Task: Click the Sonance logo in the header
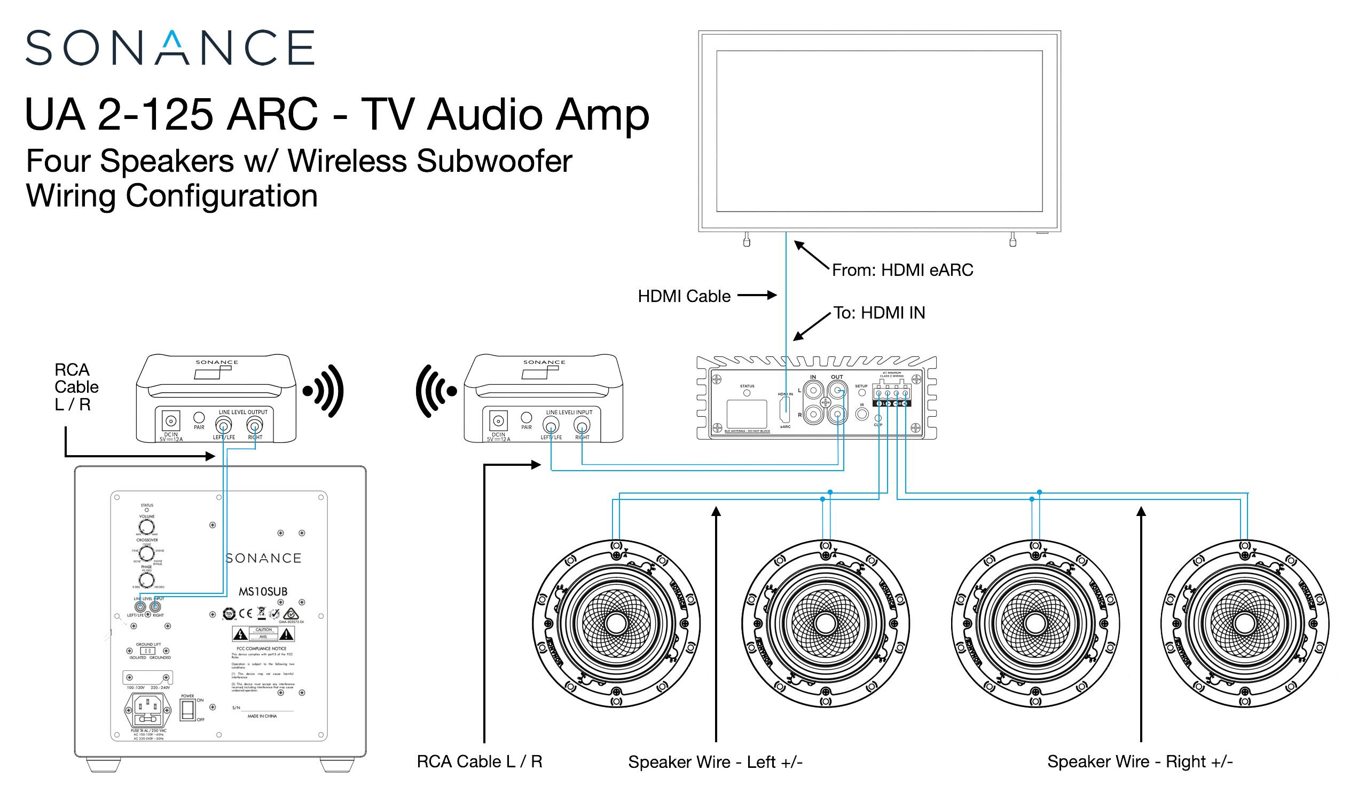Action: click(170, 47)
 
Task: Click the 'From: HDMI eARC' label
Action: click(902, 270)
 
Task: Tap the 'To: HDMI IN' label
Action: click(879, 313)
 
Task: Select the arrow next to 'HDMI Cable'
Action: click(757, 295)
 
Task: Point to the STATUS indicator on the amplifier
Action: click(747, 393)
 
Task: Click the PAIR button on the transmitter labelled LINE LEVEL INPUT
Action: click(526, 417)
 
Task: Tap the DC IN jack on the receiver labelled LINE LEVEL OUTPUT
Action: click(171, 420)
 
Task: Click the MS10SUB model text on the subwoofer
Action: click(263, 592)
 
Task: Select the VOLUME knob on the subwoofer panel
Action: click(146, 527)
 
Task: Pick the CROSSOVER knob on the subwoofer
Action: click(146, 552)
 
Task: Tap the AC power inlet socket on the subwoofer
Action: click(148, 710)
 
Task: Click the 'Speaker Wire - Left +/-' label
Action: click(715, 762)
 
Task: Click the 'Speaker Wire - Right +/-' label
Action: click(1140, 761)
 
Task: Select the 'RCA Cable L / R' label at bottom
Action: click(480, 761)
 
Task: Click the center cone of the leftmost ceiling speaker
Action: click(616, 623)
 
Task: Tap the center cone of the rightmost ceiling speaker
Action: click(1244, 623)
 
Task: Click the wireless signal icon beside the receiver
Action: click(323, 391)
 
